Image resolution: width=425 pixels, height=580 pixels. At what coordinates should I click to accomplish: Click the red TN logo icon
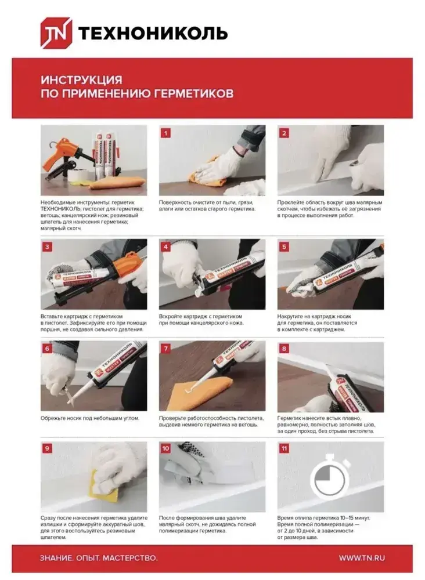(56, 33)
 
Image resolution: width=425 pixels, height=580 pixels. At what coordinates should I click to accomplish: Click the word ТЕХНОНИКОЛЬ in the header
(153, 34)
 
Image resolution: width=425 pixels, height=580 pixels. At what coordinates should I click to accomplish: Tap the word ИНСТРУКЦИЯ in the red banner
(81, 80)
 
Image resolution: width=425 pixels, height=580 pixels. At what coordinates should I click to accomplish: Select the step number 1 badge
(165, 133)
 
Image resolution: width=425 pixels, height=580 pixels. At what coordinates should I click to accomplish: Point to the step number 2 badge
(284, 133)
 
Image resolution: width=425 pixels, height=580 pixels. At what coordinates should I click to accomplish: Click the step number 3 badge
(47, 247)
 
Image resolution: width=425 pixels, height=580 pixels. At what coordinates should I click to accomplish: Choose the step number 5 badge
(284, 247)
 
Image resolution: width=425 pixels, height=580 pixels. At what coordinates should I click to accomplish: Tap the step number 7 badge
(165, 349)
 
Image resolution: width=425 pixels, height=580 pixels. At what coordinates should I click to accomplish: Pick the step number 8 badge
(284, 349)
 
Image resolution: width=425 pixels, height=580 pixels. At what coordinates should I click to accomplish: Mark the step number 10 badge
(165, 449)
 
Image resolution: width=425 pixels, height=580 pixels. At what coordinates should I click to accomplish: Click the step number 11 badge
(284, 449)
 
